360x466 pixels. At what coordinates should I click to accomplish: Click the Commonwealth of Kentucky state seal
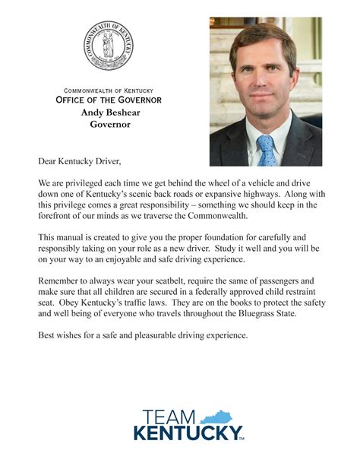click(108, 46)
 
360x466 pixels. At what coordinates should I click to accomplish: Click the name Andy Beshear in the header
click(111, 112)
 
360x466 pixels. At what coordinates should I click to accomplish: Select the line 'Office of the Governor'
click(109, 100)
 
